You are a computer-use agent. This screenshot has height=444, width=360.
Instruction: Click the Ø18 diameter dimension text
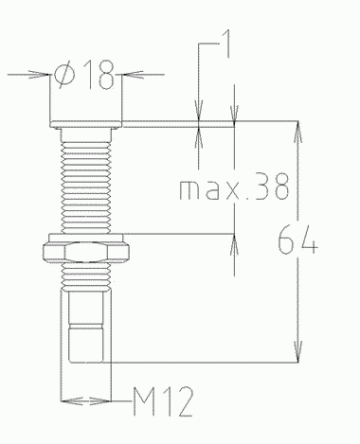click(x=83, y=75)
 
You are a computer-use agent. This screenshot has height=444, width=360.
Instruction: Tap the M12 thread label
click(x=163, y=401)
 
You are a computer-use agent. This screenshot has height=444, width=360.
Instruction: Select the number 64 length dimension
click(x=297, y=240)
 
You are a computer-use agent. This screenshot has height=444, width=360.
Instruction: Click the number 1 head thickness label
click(x=226, y=44)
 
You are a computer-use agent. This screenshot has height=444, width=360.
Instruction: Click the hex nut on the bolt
click(x=86, y=252)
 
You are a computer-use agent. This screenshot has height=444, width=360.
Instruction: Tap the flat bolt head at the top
click(x=85, y=124)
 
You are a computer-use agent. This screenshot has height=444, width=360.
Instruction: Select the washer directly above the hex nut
click(x=85, y=238)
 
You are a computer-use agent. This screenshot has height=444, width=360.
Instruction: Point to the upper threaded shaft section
click(x=86, y=187)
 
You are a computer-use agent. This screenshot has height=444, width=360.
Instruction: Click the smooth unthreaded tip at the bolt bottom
click(x=86, y=327)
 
